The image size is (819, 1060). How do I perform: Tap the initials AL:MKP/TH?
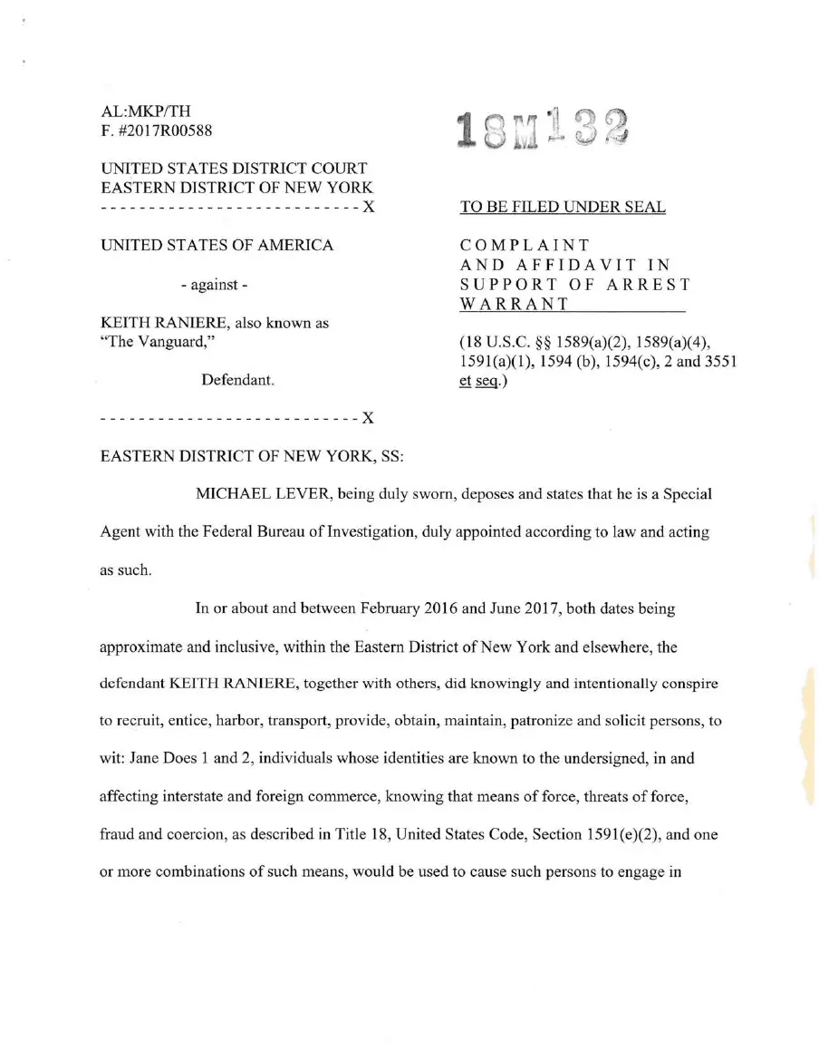coord(146,112)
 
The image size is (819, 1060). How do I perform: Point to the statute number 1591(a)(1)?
coord(500,362)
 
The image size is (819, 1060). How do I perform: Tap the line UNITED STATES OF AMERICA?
coord(217,246)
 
